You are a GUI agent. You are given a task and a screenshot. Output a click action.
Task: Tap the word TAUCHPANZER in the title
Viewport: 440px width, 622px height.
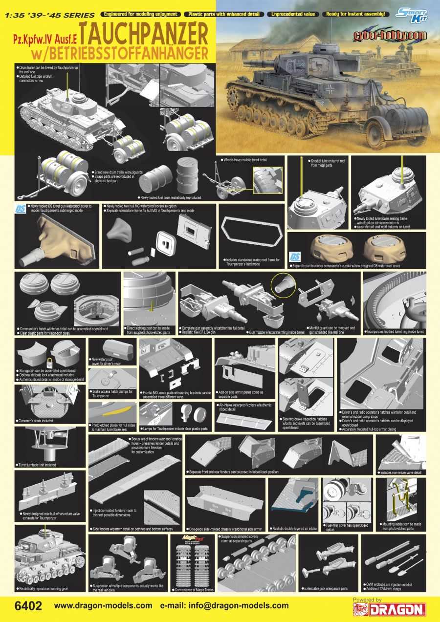(143, 32)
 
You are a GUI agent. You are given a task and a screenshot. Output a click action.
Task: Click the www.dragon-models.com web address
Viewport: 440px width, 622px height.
(103, 606)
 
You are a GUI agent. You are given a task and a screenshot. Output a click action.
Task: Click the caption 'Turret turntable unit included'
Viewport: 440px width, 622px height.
(38, 465)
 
